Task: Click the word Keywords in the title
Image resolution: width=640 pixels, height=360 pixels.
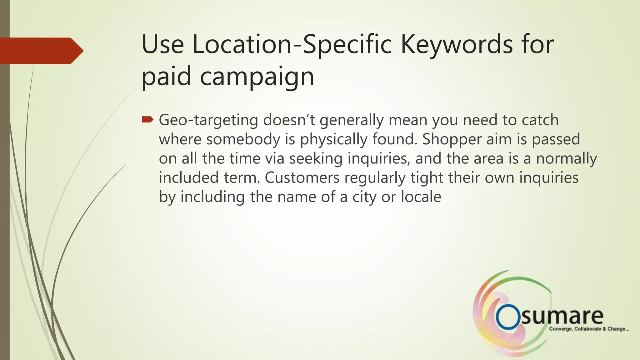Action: coord(457,45)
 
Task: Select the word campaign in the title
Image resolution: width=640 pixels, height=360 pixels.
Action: coord(257,77)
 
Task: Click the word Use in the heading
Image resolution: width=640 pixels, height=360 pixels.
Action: coord(162,45)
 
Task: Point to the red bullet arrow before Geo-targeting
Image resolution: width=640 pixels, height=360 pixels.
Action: coord(147,119)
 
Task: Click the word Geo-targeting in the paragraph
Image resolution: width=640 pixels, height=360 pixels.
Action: coord(208,120)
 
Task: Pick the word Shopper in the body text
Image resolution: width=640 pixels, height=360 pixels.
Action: coord(452,139)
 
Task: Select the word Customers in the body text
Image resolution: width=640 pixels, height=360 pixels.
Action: coord(302,178)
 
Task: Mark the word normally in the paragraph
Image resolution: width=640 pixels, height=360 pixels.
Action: coord(566,159)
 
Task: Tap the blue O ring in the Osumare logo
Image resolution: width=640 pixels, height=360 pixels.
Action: coord(508,317)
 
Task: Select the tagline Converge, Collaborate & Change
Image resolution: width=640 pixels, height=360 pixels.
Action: coord(589,329)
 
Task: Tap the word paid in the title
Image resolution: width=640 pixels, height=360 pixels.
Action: coord(166,77)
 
